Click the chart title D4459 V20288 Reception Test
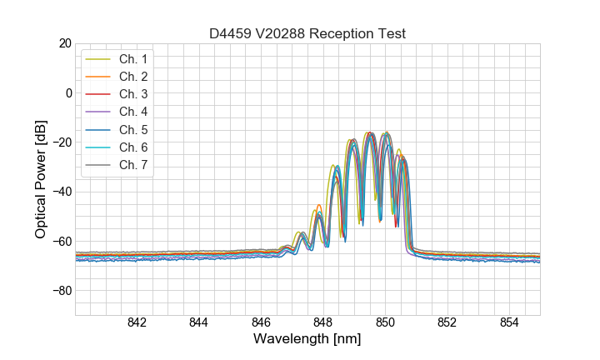[307, 34]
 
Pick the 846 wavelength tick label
[261, 323]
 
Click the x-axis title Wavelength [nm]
[307, 340]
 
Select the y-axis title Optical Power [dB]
[40, 178]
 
